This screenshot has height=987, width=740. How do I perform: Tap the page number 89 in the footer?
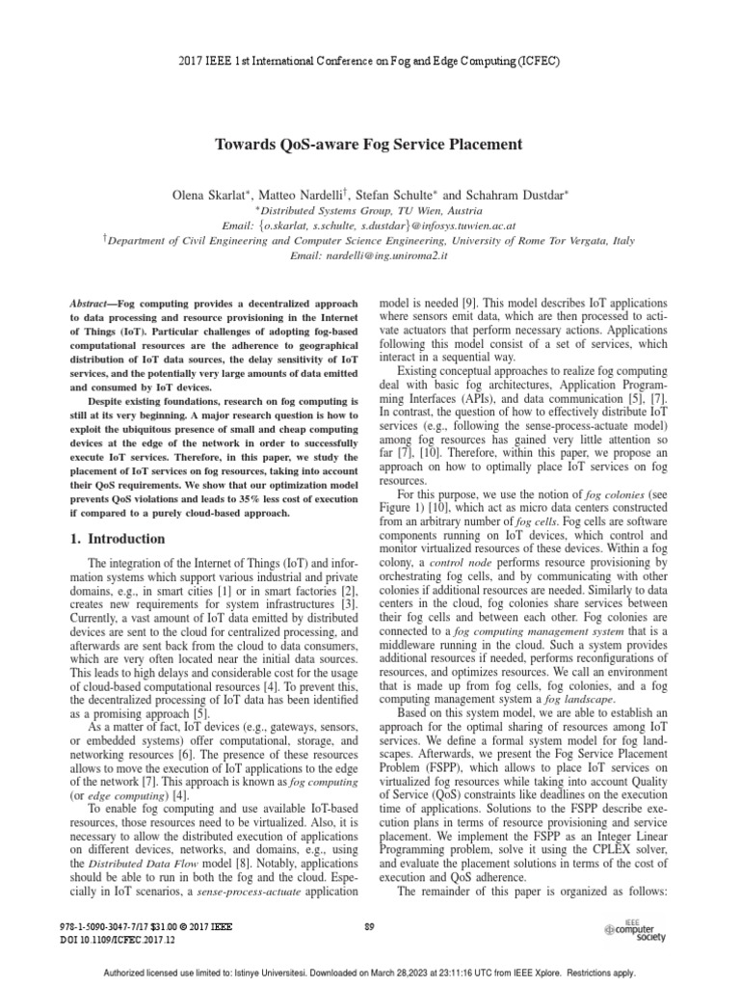click(369, 926)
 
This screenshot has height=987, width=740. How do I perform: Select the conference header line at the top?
click(369, 61)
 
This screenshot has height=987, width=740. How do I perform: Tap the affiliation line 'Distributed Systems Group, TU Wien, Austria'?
click(369, 210)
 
